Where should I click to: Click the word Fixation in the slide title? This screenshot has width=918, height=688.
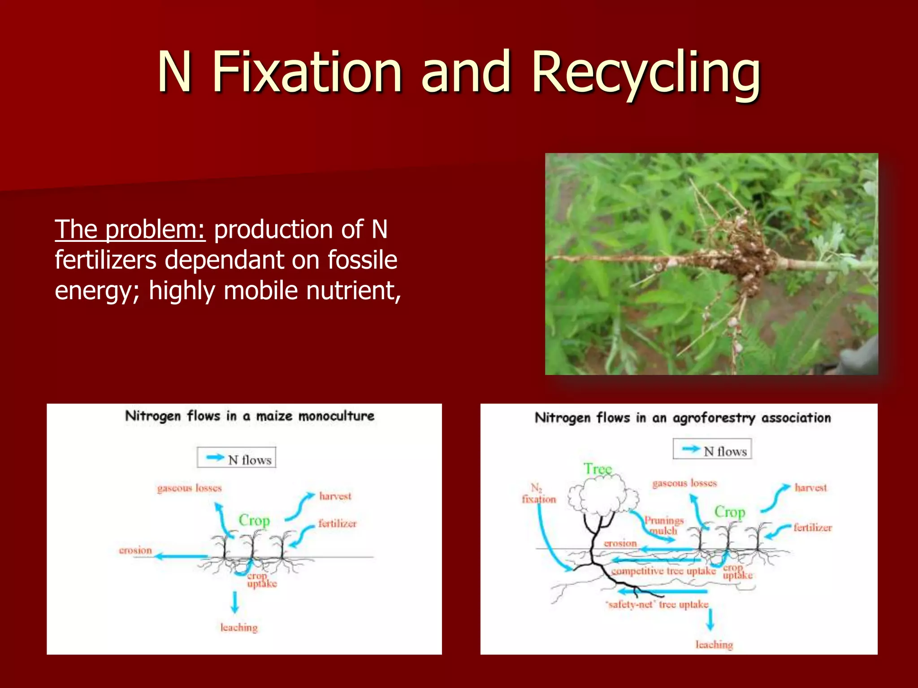tap(306, 73)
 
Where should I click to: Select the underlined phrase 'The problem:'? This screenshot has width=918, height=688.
tap(130, 230)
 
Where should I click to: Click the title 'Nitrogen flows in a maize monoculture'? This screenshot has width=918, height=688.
tap(250, 416)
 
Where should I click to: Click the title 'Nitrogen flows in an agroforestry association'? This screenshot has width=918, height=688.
tap(682, 418)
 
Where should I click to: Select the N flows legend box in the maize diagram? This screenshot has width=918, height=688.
tap(236, 458)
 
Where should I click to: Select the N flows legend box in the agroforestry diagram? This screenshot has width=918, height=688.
tap(712, 449)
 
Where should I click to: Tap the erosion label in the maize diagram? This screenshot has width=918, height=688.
tap(135, 550)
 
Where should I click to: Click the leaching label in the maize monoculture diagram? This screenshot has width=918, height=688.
tap(239, 627)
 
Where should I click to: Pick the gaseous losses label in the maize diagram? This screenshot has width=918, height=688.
tap(189, 488)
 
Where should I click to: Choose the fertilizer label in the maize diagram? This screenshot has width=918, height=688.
tap(337, 524)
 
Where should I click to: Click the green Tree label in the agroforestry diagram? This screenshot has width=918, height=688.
tap(597, 469)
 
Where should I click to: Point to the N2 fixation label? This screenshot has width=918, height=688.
tap(538, 494)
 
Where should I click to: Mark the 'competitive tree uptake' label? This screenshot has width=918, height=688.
tap(663, 571)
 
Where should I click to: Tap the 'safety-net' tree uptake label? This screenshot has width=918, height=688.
tap(658, 605)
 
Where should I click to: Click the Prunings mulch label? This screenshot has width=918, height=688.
tap(663, 525)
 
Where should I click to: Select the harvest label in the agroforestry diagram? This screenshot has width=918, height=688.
tap(810, 488)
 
